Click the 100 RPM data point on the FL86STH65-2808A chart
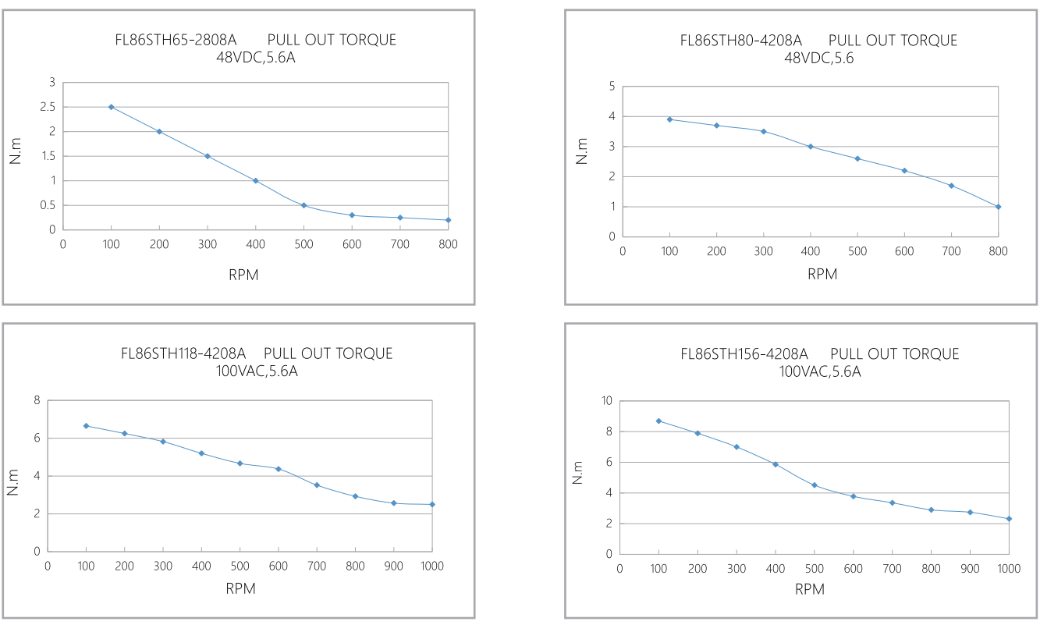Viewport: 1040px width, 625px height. (111, 107)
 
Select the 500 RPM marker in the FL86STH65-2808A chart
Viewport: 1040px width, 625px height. (303, 205)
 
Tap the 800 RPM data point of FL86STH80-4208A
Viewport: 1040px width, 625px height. (998, 207)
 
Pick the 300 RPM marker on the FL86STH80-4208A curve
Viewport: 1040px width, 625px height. (763, 131)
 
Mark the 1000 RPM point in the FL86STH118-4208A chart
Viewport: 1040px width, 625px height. (431, 504)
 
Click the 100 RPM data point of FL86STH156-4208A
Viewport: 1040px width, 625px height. (658, 421)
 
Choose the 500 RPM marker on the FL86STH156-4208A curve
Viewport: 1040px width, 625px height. (815, 485)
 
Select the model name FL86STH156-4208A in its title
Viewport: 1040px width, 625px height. (744, 354)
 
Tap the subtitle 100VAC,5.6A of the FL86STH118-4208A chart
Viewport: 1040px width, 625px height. (257, 371)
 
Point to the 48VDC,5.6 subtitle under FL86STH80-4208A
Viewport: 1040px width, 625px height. (818, 58)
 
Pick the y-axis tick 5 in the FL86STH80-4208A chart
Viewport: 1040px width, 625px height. (612, 86)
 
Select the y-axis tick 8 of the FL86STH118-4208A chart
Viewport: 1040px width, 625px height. (36, 401)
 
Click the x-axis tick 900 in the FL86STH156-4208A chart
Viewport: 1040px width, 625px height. (970, 569)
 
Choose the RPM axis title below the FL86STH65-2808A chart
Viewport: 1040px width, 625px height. (245, 275)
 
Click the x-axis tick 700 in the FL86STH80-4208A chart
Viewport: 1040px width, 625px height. (951, 251)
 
